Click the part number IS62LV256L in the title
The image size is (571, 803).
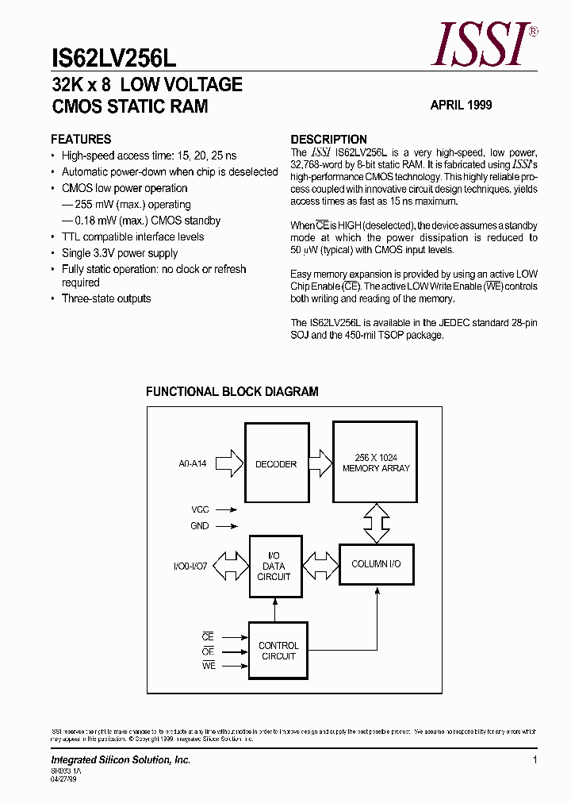click(x=113, y=59)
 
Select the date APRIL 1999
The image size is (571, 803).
click(x=461, y=105)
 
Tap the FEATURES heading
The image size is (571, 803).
click(x=81, y=139)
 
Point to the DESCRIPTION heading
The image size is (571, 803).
click(x=328, y=139)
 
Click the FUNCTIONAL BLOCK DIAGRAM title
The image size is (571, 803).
click(x=232, y=391)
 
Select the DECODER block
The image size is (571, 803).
click(x=275, y=464)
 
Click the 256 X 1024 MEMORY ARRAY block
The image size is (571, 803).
click(x=376, y=463)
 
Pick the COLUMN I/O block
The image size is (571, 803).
click(x=376, y=563)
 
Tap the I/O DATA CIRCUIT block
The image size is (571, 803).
click(x=274, y=567)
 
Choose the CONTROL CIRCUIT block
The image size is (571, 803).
click(x=278, y=651)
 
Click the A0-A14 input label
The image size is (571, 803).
click(x=193, y=463)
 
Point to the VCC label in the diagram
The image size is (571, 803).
click(x=200, y=510)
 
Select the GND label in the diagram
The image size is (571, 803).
click(x=200, y=525)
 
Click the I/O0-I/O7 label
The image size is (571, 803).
click(x=190, y=567)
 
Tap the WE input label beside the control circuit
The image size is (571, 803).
click(x=208, y=666)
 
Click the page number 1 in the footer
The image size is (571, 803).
click(x=535, y=760)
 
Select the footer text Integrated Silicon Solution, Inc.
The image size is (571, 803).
click(x=121, y=760)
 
